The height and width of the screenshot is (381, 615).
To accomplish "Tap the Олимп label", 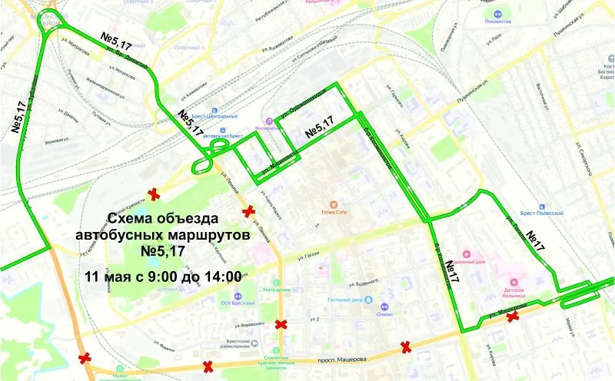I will tap(384, 313).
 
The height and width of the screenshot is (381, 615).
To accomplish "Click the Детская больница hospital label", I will tap(509, 290).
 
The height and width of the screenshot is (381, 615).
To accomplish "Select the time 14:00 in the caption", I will tap(220, 274).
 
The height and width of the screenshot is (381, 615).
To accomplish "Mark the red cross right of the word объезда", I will tap(248, 211).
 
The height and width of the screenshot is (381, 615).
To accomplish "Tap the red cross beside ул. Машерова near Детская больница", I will tap(511, 316).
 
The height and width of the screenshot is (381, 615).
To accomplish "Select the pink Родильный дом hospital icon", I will tap(464, 253).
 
